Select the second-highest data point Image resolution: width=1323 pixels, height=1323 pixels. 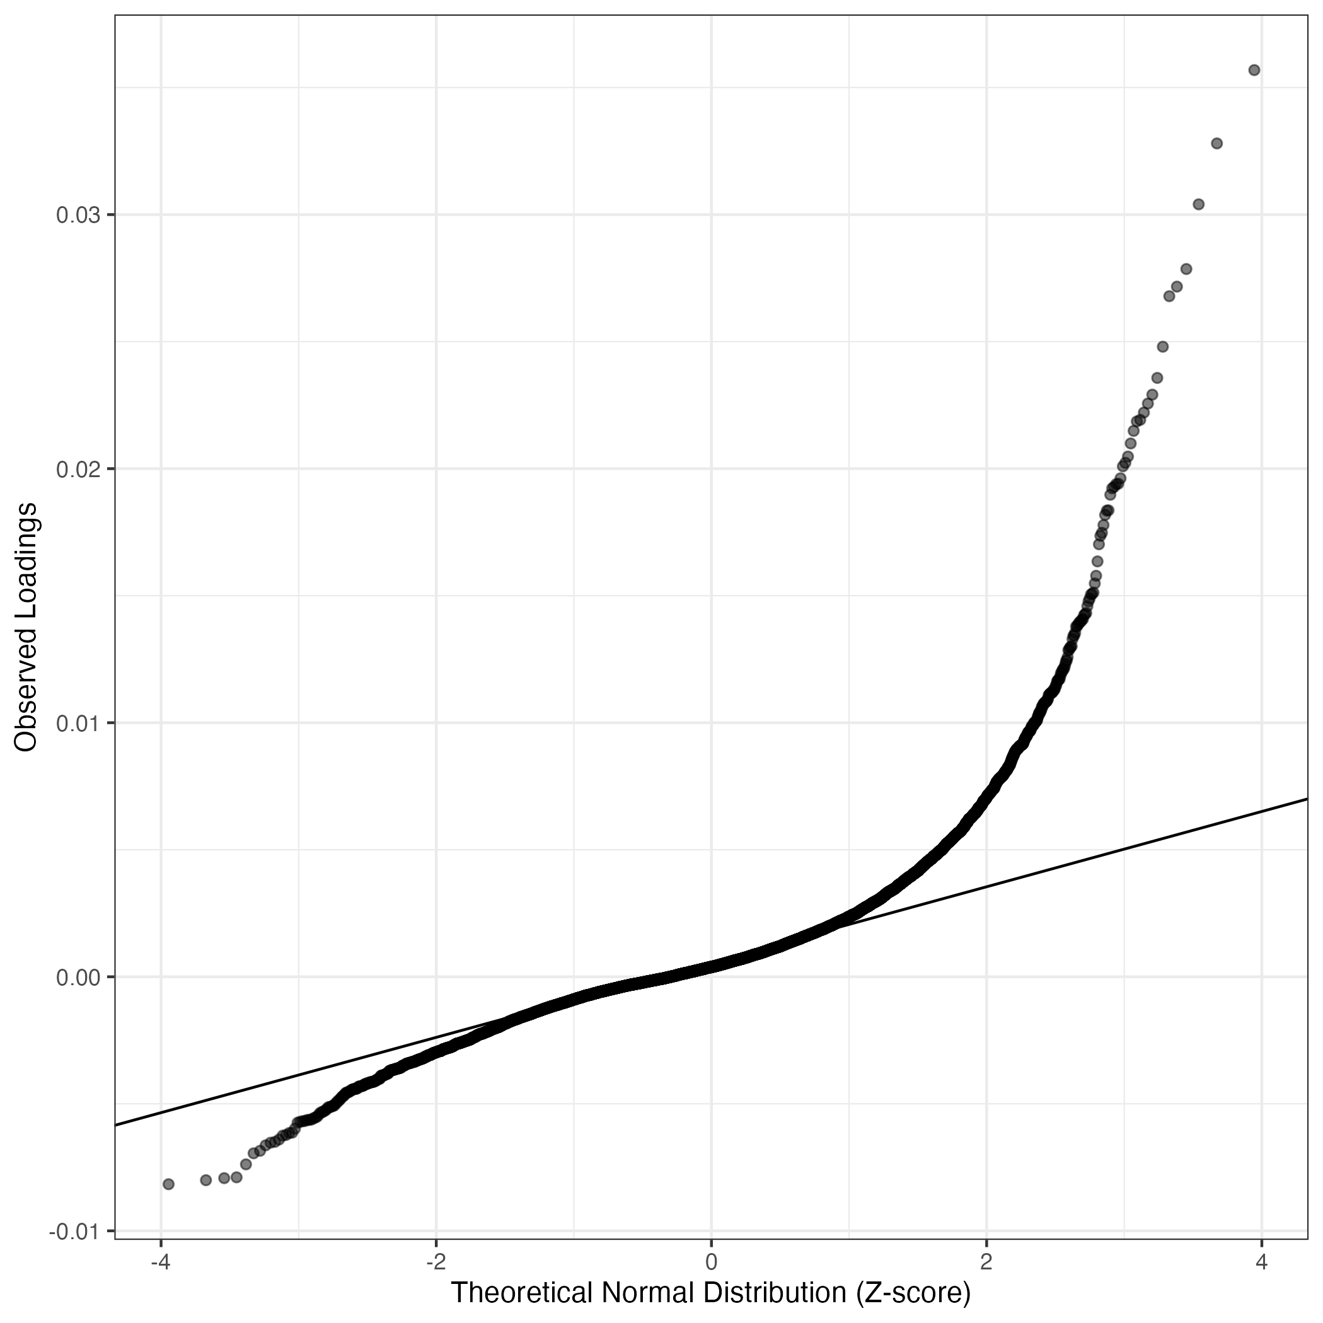pos(1217,143)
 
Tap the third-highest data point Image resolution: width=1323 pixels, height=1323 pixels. pos(1198,204)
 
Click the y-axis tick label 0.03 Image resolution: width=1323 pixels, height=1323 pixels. pos(78,216)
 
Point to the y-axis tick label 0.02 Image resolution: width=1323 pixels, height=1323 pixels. pos(78,469)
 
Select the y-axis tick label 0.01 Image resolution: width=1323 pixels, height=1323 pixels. pos(78,723)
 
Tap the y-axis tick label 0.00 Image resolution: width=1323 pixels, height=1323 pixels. pos(78,977)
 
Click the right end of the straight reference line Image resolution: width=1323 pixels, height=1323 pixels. pos(1307,799)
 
